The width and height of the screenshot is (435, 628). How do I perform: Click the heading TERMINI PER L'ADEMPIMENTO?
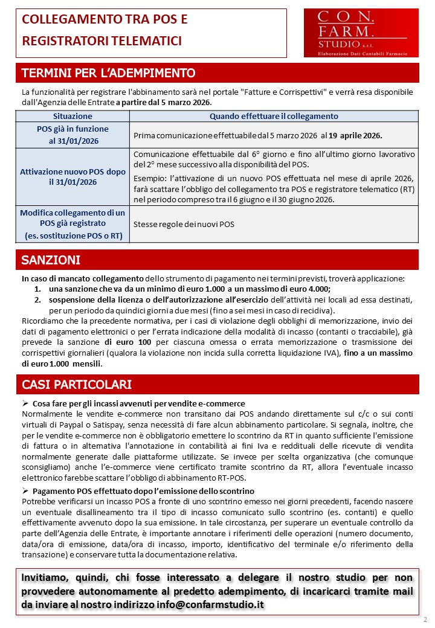tap(109, 74)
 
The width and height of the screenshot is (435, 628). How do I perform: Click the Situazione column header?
tap(72, 116)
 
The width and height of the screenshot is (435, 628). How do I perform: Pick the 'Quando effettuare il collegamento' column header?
tap(274, 116)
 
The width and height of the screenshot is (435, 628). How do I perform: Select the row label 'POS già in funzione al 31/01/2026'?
tap(72, 135)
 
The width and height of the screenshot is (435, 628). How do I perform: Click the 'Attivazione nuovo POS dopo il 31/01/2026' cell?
tap(72, 177)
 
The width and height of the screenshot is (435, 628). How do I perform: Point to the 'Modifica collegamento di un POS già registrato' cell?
tap(72, 224)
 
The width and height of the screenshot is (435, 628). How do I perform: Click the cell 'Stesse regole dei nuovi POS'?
tap(184, 224)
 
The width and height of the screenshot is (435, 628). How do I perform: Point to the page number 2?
tap(425, 620)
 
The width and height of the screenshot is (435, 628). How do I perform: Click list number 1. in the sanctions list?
tap(37, 289)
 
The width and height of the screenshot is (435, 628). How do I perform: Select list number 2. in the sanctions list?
tap(37, 300)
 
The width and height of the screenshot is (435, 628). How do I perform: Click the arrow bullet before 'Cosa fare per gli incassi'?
tap(25, 403)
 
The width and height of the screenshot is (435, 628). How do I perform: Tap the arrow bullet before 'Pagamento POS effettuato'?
tap(25, 491)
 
